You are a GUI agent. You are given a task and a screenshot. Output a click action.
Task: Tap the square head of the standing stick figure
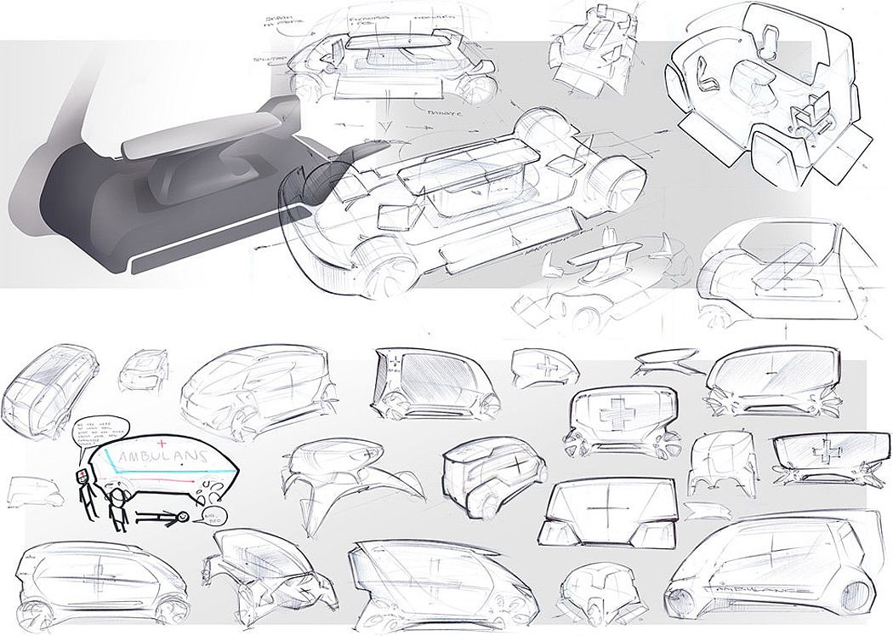coord(82,477)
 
